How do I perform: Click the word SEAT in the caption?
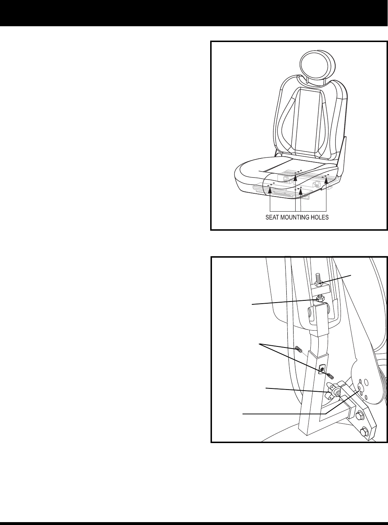272,217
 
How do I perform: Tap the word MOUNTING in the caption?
295,217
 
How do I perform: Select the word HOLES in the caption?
320,217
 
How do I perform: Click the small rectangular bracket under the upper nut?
320,289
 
